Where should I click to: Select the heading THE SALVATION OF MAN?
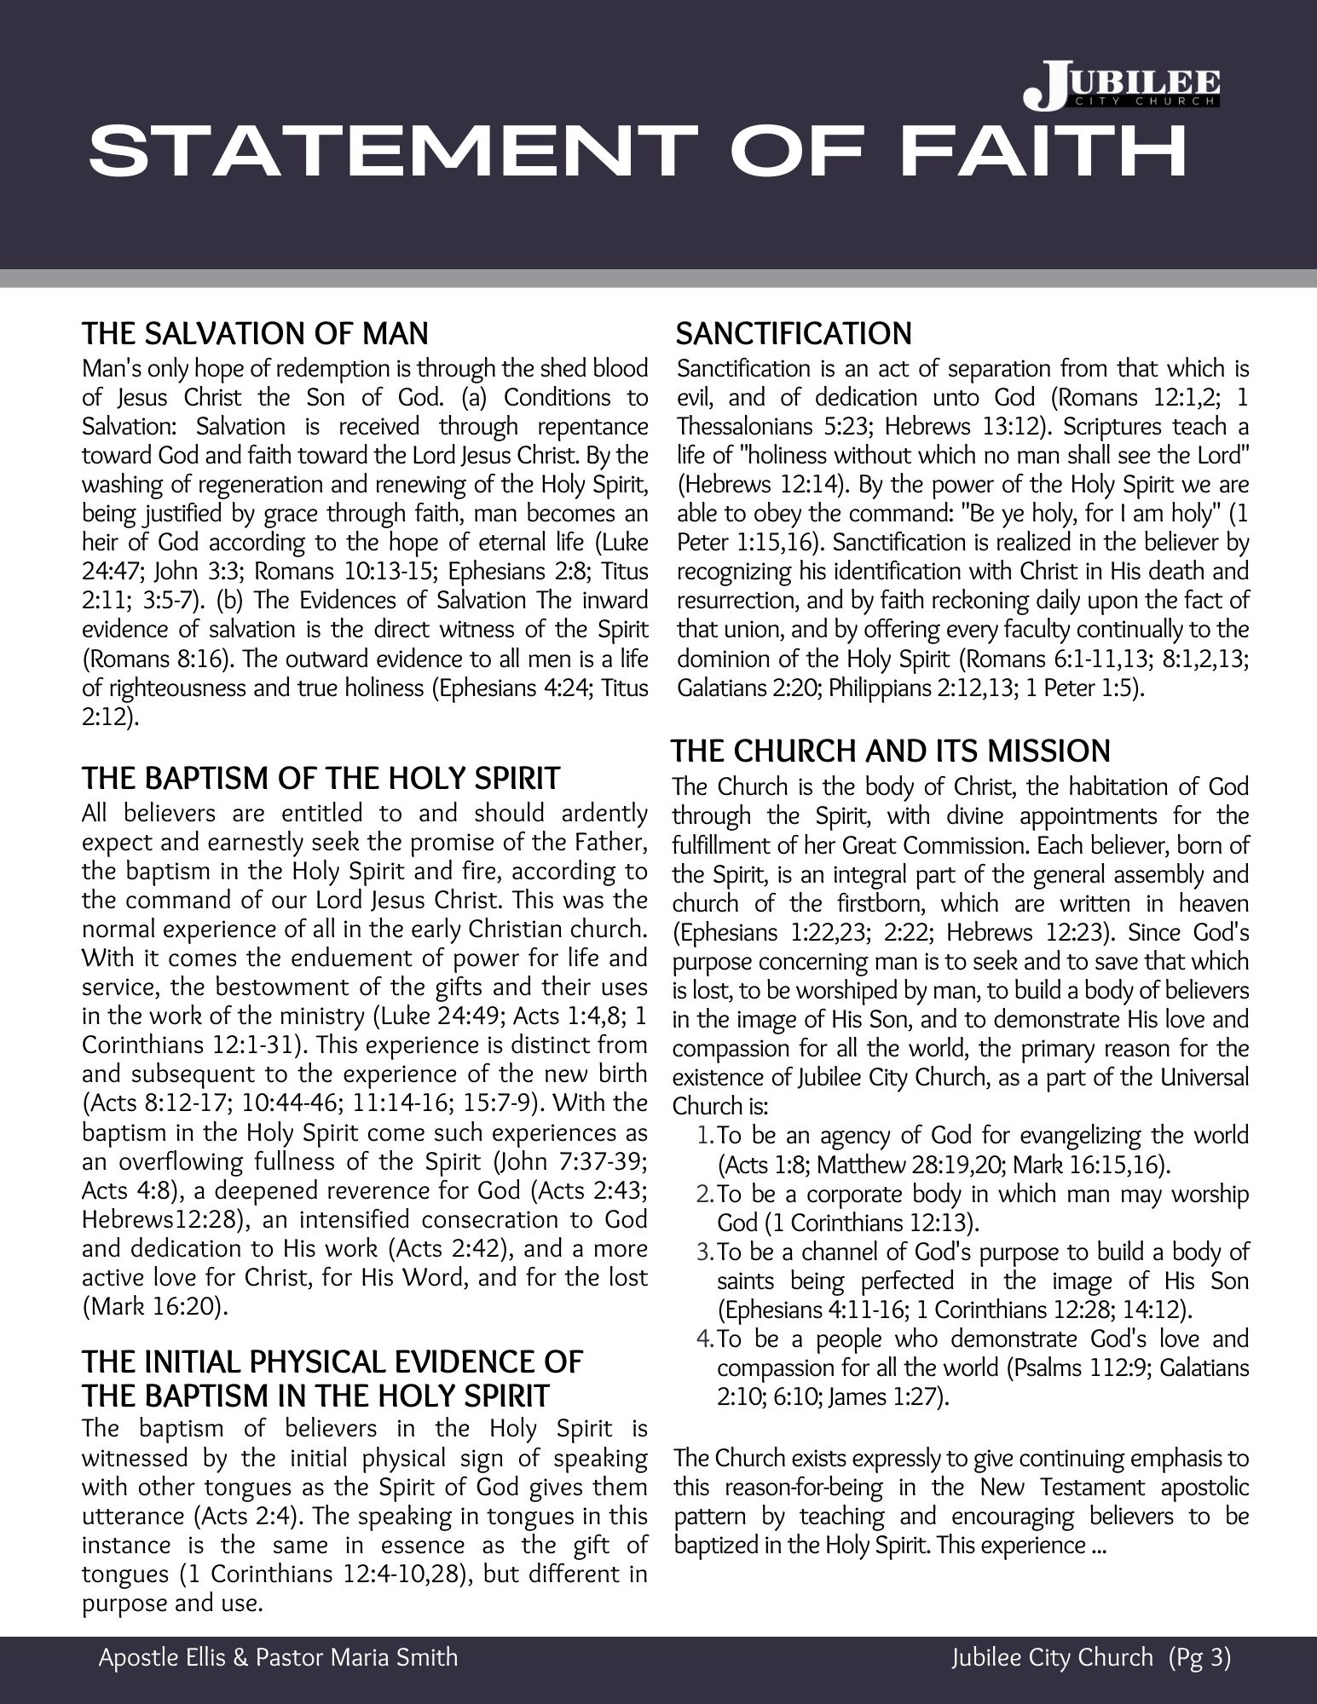[255, 333]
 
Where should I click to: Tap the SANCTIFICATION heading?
[794, 333]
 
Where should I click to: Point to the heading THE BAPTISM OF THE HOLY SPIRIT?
[321, 778]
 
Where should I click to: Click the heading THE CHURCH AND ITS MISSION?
[891, 751]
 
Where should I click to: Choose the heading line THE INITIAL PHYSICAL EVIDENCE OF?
[332, 1361]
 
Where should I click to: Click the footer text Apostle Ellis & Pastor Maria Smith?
[278, 1657]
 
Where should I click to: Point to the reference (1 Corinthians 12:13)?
[870, 1223]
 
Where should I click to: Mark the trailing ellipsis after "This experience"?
[1098, 1546]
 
